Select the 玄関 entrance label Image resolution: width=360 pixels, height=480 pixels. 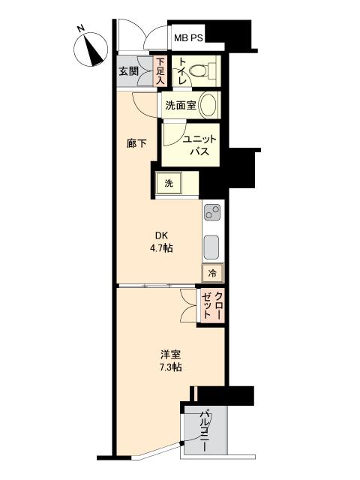click(x=128, y=72)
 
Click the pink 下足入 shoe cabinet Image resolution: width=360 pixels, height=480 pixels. click(x=160, y=73)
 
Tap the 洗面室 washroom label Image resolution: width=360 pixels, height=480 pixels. click(x=181, y=106)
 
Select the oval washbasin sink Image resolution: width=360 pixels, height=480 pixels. click(x=209, y=105)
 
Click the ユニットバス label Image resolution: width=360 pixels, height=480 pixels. click(x=198, y=145)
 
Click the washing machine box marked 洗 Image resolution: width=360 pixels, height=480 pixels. click(x=169, y=183)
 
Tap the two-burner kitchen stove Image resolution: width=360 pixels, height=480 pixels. click(x=212, y=212)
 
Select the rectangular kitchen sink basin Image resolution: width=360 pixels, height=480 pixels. click(x=211, y=244)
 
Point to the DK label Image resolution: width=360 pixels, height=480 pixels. click(x=160, y=234)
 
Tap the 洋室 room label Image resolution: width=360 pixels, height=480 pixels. click(x=169, y=354)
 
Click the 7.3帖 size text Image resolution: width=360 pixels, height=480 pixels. click(x=169, y=367)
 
